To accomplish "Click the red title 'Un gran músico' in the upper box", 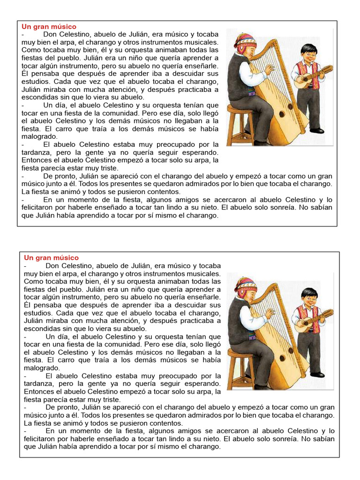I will (49, 27).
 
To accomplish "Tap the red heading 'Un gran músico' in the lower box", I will (52, 258).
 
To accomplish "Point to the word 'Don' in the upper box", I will (51, 34).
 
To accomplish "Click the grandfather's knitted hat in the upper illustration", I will (245, 41).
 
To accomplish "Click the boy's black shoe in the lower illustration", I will (317, 375).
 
